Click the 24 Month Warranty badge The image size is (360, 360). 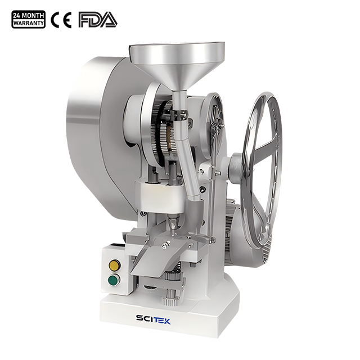[28, 20]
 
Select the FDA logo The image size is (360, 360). [97, 20]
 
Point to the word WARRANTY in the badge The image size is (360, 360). [28, 24]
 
